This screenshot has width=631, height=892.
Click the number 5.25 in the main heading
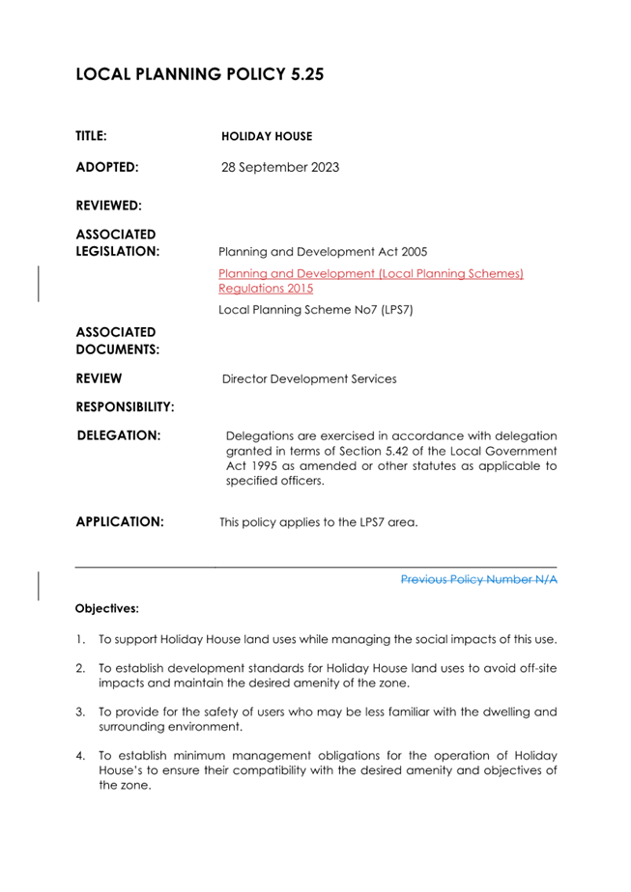[295, 74]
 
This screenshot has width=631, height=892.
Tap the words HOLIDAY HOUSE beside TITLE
[267, 137]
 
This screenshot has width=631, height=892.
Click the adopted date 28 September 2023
[280, 167]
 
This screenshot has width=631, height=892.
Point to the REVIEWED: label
[108, 206]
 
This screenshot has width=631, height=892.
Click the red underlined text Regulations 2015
[266, 289]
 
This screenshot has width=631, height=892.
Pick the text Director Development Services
[309, 378]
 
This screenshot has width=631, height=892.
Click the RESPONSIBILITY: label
[125, 406]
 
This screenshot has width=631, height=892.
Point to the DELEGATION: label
[118, 435]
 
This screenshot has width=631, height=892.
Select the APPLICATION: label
[120, 522]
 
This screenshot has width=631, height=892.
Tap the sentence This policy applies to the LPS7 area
[319, 523]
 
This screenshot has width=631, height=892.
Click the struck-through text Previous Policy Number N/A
[478, 579]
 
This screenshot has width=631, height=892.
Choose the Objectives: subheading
[107, 609]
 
